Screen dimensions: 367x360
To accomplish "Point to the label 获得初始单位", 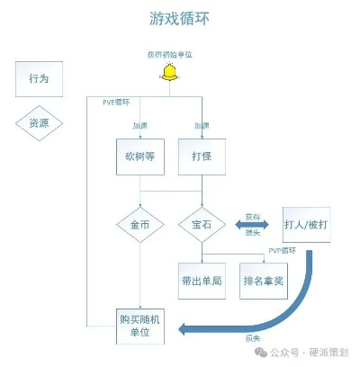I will [x=168, y=55].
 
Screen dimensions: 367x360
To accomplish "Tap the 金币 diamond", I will [x=139, y=222].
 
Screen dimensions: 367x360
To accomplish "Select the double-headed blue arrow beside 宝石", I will [x=253, y=223].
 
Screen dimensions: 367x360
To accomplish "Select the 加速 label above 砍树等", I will [x=140, y=126].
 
